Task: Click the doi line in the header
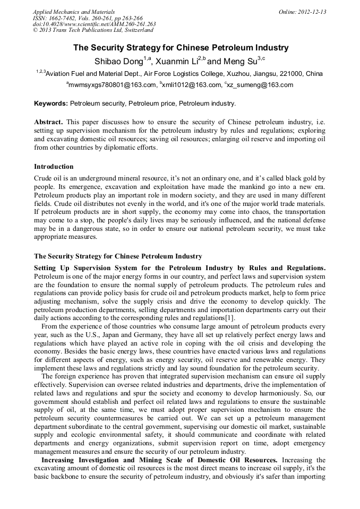(94, 24)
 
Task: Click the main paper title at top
(180, 48)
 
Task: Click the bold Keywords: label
(51, 103)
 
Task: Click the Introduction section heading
(54, 167)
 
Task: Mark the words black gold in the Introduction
(300, 178)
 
